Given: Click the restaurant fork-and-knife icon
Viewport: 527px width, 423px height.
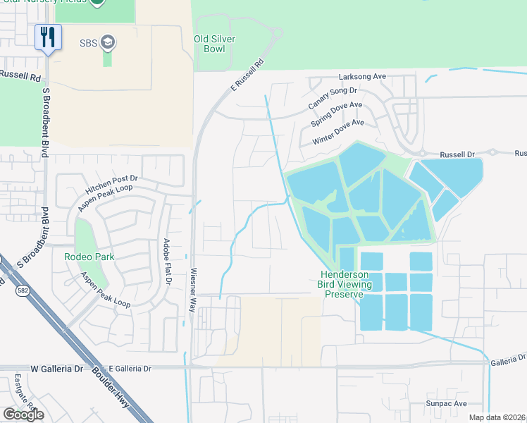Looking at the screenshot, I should pyautogui.click(x=48, y=37).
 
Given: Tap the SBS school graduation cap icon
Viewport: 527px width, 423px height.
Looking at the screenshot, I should pyautogui.click(x=108, y=42).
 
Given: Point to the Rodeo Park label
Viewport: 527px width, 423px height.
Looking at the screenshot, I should pyautogui.click(x=89, y=257).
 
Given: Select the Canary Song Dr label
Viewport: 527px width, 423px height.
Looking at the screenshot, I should pyautogui.click(x=333, y=99).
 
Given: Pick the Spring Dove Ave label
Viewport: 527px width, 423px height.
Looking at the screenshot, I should pyautogui.click(x=336, y=115).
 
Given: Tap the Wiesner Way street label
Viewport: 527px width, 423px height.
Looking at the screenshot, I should pyautogui.click(x=192, y=290).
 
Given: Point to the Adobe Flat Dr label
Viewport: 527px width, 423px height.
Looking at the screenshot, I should pyautogui.click(x=167, y=262).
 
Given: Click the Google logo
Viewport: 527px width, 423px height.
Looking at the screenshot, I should pyautogui.click(x=23, y=414).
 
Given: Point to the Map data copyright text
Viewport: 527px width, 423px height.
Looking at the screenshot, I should pyautogui.click(x=497, y=417).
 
